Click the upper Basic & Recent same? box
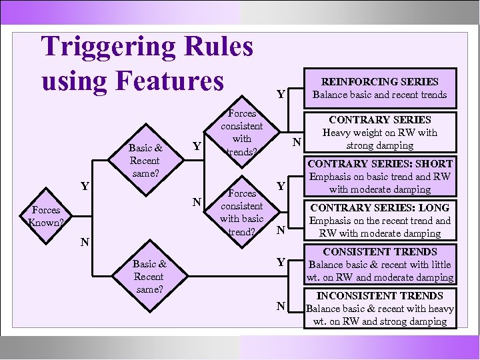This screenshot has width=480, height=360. click(145, 161)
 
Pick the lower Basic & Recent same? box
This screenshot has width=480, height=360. click(149, 276)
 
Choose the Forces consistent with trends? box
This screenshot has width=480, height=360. click(243, 133)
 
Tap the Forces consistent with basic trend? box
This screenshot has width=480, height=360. click(243, 212)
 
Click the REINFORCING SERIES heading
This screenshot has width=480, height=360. click(381, 81)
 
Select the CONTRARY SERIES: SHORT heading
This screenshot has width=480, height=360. click(381, 163)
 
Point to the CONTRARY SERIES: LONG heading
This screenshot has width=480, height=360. click(381, 207)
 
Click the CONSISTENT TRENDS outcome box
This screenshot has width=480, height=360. click(381, 265)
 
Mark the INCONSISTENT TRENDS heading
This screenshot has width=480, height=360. click(381, 295)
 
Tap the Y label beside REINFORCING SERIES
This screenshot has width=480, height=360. click(281, 95)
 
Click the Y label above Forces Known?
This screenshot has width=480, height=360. click(85, 186)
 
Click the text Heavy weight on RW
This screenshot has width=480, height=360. click(381, 132)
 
